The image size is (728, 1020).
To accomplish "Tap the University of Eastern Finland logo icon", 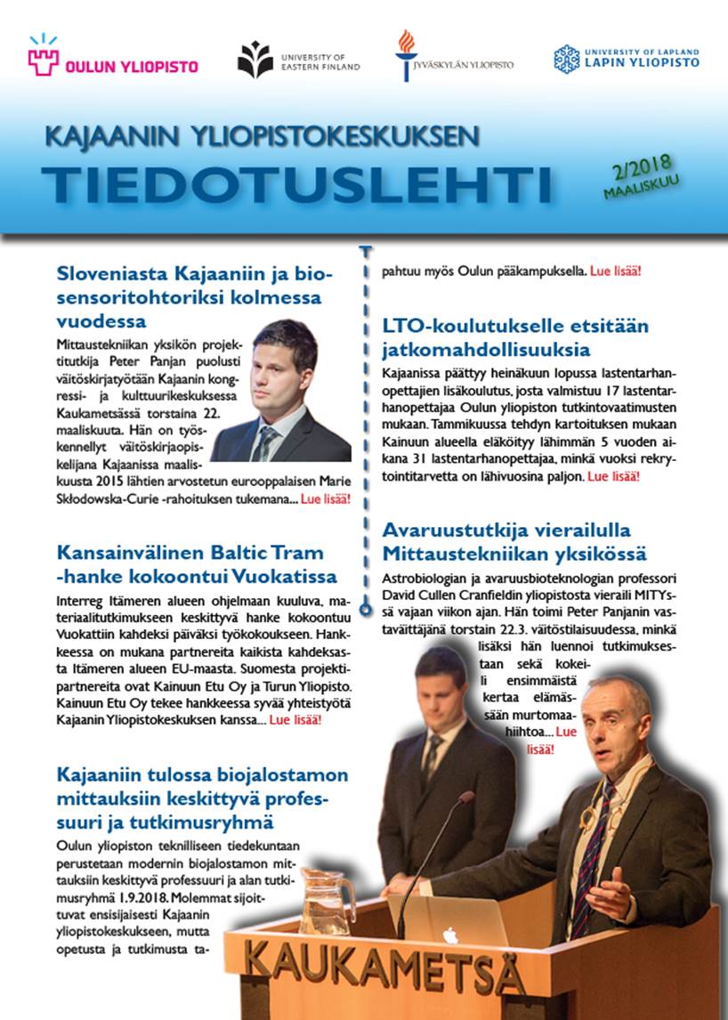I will [255, 60].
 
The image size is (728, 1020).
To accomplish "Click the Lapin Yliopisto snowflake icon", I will [566, 59].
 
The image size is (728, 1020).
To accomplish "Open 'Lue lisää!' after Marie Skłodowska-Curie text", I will [326, 499].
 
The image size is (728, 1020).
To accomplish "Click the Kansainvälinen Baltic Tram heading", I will [197, 563].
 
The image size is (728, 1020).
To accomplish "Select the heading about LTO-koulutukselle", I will [515, 337].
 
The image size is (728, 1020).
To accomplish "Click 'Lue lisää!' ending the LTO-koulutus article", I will [612, 477].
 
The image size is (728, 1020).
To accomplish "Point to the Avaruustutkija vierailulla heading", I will [514, 541].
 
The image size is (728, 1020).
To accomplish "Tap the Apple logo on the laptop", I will [450, 935].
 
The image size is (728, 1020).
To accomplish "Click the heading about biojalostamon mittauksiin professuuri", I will [202, 797].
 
